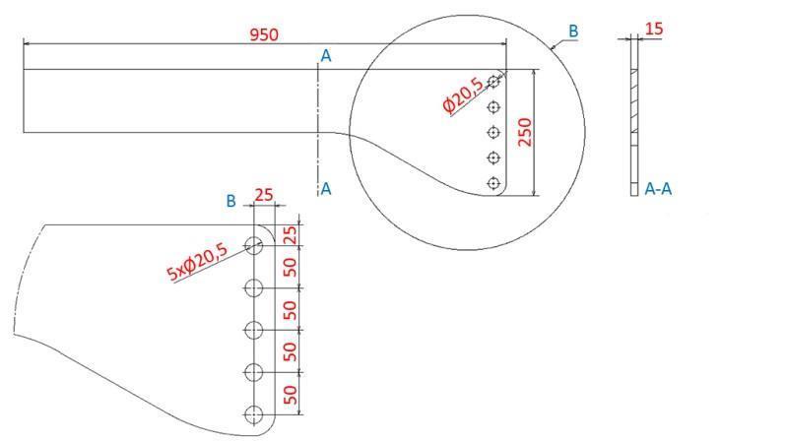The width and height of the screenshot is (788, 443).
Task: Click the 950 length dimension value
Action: point(264,34)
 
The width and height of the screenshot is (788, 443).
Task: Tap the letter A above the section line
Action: point(325,57)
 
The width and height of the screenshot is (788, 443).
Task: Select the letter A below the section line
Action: point(326,189)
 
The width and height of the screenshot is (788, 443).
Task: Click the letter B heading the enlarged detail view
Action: point(230,201)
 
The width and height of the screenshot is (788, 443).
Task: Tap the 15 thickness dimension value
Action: point(653,29)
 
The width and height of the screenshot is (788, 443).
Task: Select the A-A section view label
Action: point(659,187)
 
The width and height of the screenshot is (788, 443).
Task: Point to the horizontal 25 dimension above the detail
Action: point(264,195)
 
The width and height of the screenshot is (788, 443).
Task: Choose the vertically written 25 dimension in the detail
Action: point(290,236)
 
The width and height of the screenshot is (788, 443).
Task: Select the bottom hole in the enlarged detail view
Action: point(254,414)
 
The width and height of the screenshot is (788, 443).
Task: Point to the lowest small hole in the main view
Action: point(494,182)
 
